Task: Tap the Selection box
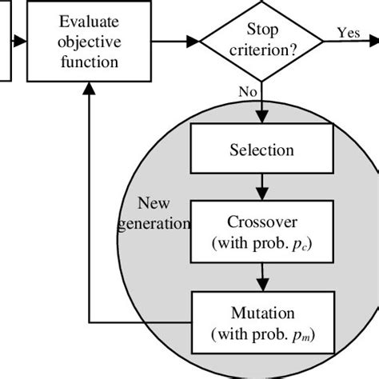[x=261, y=150]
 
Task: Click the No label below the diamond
[x=247, y=93]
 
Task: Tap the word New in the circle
[x=154, y=201]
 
